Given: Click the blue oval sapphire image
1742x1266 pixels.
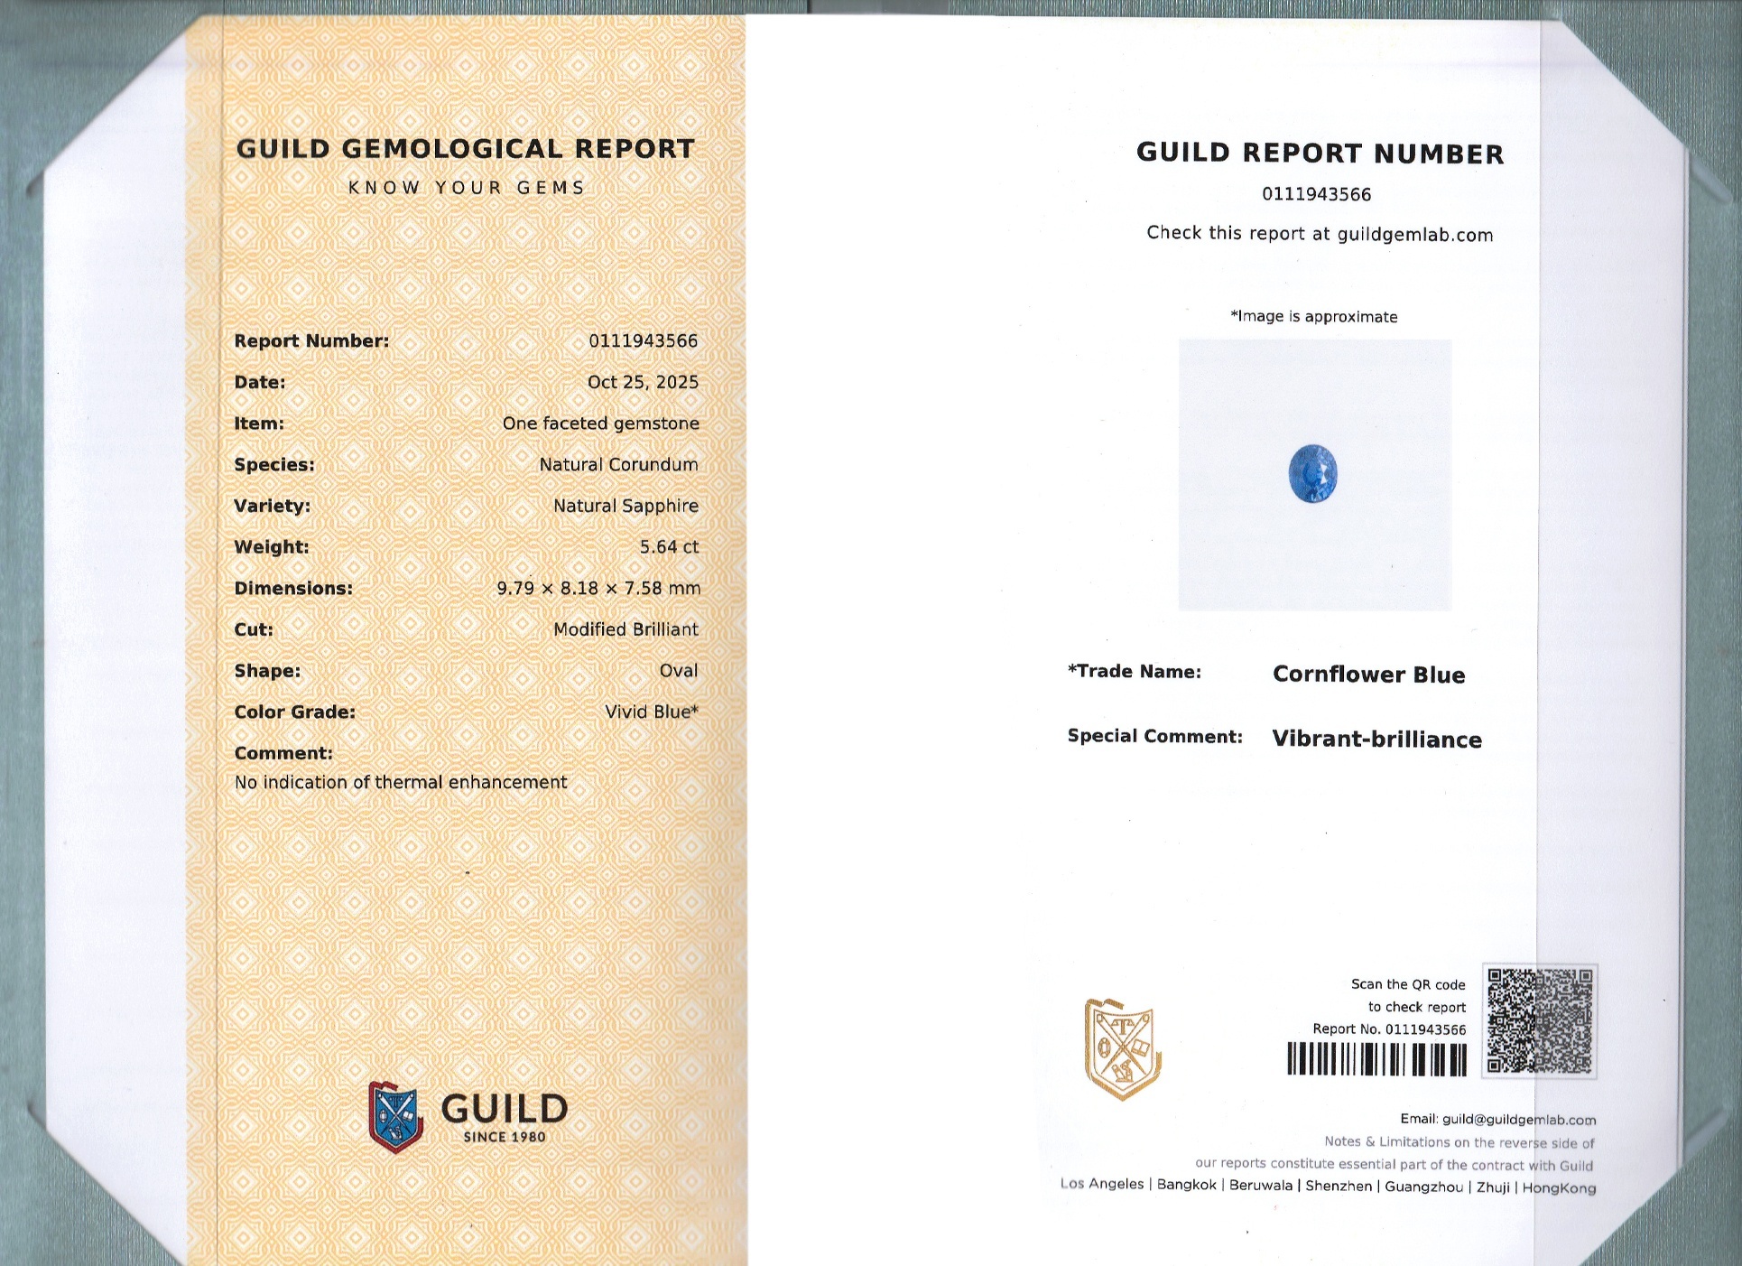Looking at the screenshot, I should click(x=1312, y=474).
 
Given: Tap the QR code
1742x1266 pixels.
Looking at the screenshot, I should click(x=1539, y=1020).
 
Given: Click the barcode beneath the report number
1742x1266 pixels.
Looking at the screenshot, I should click(x=1376, y=1059).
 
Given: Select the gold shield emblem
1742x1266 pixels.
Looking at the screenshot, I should click(x=1122, y=1049).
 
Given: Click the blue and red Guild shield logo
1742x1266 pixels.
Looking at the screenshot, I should click(x=395, y=1117).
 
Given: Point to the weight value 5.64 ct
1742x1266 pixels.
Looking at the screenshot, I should click(x=669, y=547).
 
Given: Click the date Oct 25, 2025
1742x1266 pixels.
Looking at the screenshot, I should click(x=643, y=382).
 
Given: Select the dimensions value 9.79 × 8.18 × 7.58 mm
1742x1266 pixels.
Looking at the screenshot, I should click(x=598, y=589).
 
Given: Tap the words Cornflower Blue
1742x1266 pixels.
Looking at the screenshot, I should click(x=1368, y=675).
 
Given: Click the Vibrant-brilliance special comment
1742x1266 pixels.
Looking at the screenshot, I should click(x=1376, y=740).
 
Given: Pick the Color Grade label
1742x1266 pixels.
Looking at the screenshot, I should click(x=294, y=712).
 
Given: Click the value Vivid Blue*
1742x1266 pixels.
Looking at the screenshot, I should click(x=652, y=712).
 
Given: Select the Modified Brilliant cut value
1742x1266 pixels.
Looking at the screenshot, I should click(x=625, y=629).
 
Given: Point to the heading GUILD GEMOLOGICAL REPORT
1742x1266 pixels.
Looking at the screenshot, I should click(x=466, y=149).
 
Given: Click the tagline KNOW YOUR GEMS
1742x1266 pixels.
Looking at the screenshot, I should click(x=467, y=188).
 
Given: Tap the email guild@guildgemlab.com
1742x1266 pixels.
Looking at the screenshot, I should click(x=1518, y=1120).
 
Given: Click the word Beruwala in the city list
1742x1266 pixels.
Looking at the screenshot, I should click(x=1260, y=1186).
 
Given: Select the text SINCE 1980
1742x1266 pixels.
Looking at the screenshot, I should click(x=505, y=1138).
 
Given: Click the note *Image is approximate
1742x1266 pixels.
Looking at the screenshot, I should click(x=1313, y=317).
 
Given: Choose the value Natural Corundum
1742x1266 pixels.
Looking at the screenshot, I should click(x=618, y=465).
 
